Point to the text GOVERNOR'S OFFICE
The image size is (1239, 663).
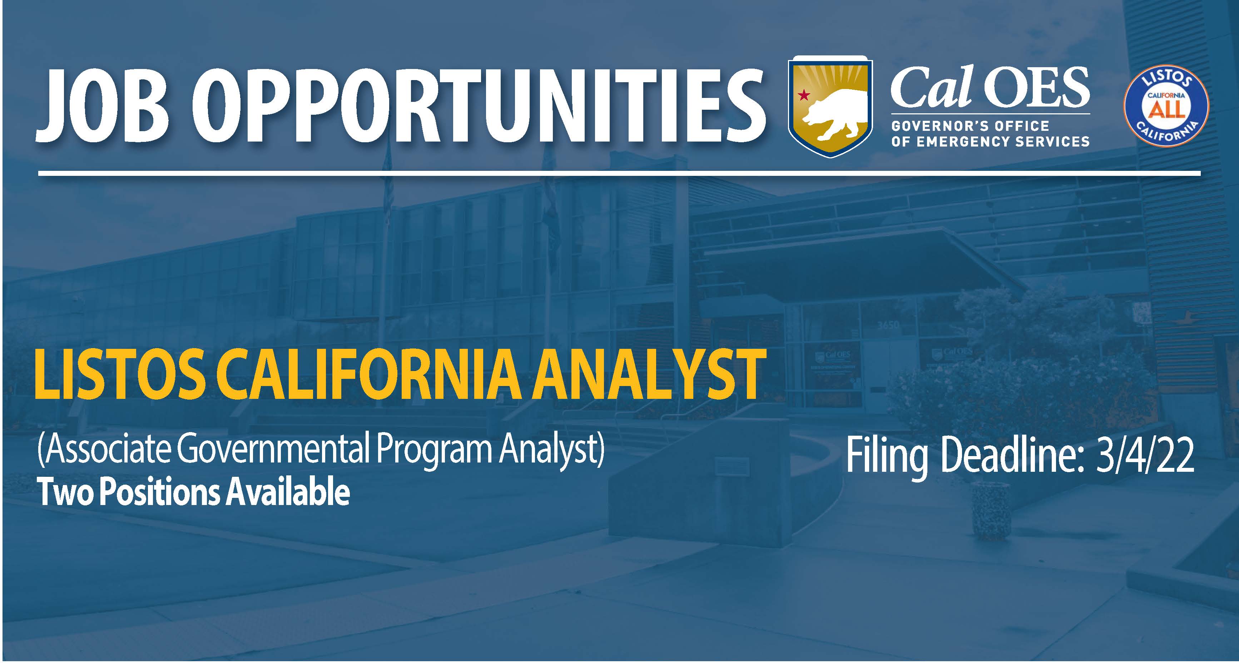pyautogui.click(x=970, y=126)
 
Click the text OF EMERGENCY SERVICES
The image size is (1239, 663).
pyautogui.click(x=990, y=142)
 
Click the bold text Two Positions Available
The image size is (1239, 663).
pyautogui.click(x=194, y=493)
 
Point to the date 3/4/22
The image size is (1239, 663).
pyautogui.click(x=1147, y=456)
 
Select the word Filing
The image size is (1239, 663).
pyautogui.click(x=887, y=459)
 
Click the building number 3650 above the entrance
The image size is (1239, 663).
pyautogui.click(x=888, y=325)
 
